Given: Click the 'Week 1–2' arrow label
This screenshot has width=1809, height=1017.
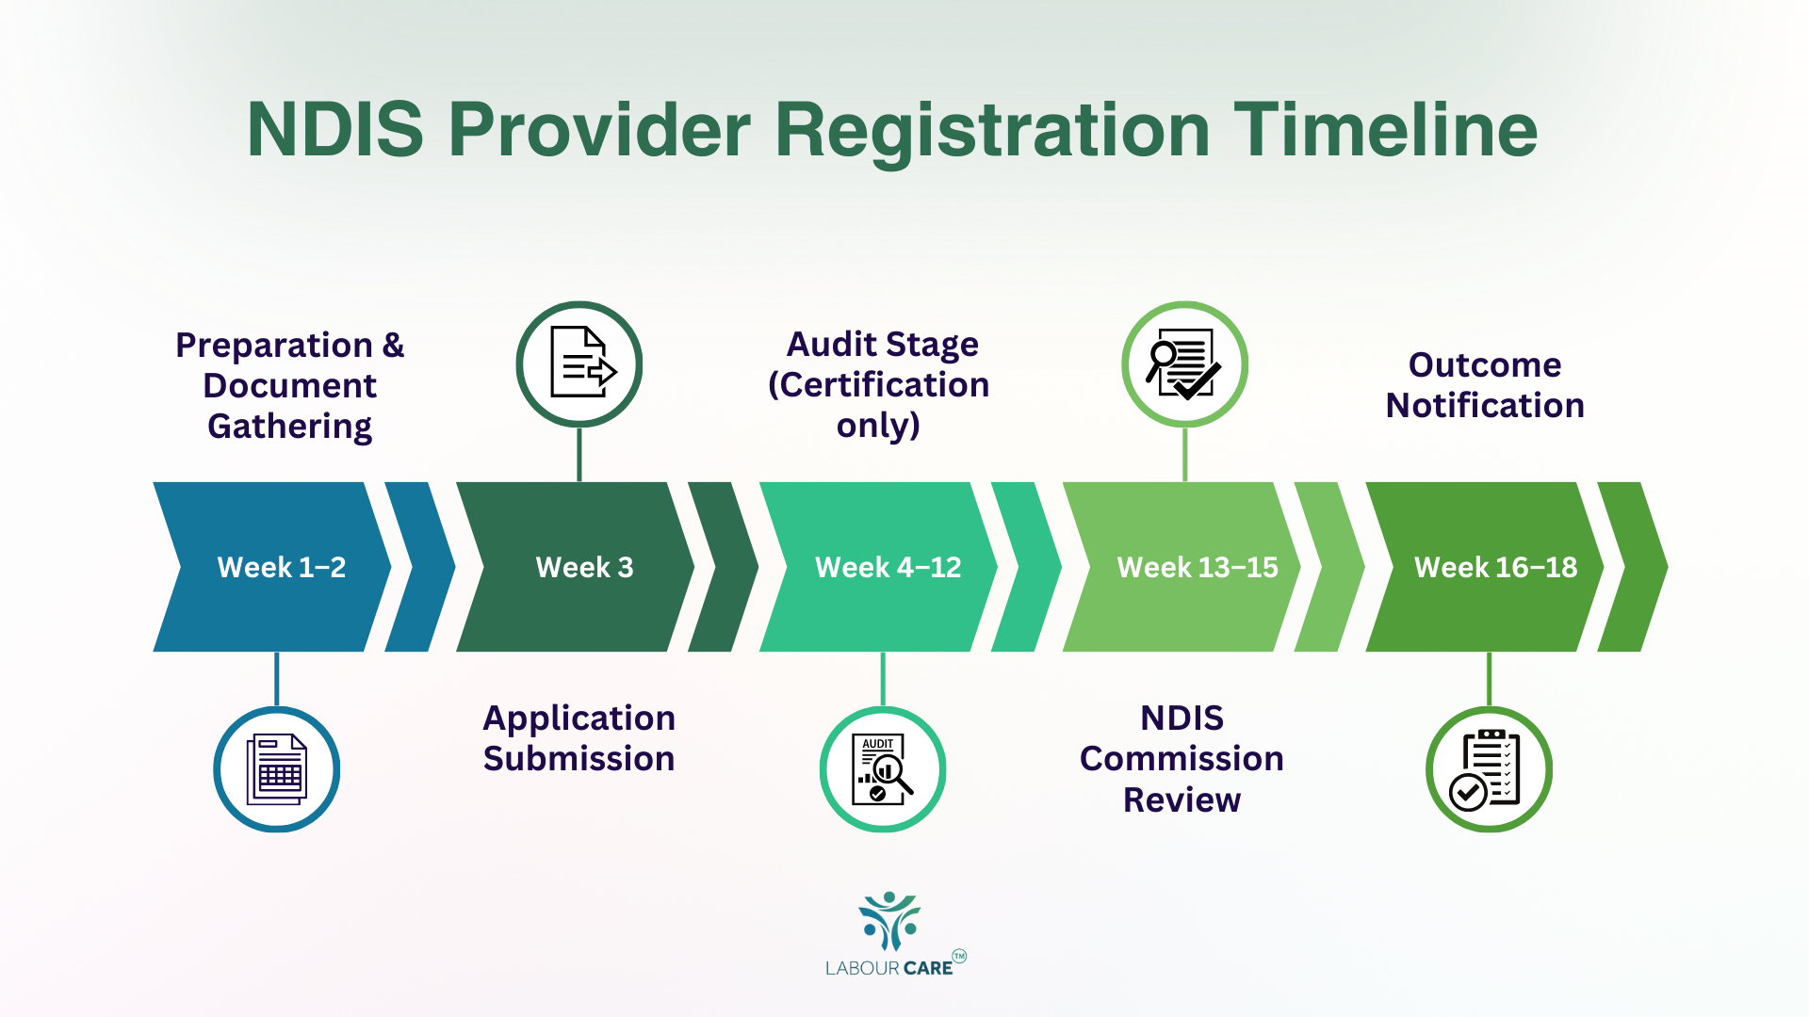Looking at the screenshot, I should [281, 567].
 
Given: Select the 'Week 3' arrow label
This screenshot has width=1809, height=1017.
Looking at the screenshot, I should [584, 567].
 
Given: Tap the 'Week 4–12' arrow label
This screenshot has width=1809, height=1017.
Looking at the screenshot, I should [888, 567].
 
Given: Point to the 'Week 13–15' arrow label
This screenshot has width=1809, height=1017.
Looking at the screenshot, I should [1197, 567].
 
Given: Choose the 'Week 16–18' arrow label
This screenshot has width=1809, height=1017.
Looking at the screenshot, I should [1495, 567].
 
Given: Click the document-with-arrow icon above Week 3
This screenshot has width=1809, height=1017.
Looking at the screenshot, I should [579, 364].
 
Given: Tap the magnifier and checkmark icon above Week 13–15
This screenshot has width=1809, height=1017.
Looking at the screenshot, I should [1184, 364].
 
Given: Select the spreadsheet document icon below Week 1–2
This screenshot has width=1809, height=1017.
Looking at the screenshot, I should [276, 769].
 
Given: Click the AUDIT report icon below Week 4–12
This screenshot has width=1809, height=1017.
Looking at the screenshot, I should [883, 769].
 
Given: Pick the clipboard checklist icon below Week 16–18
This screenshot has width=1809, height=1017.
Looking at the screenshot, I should [1489, 769].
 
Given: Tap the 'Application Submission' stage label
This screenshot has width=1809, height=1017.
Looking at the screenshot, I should [579, 738].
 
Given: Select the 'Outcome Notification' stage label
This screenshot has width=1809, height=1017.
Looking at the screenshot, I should [1485, 385].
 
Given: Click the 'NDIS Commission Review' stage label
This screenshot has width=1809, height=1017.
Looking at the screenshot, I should [1182, 758].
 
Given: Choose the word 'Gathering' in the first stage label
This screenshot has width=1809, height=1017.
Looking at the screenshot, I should [289, 427].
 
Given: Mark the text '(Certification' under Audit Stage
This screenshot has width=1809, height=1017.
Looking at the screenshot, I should [878, 385].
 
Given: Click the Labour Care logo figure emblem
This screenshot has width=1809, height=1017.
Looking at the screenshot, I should [889, 920].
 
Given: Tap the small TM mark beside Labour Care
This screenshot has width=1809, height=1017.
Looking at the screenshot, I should [959, 956].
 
